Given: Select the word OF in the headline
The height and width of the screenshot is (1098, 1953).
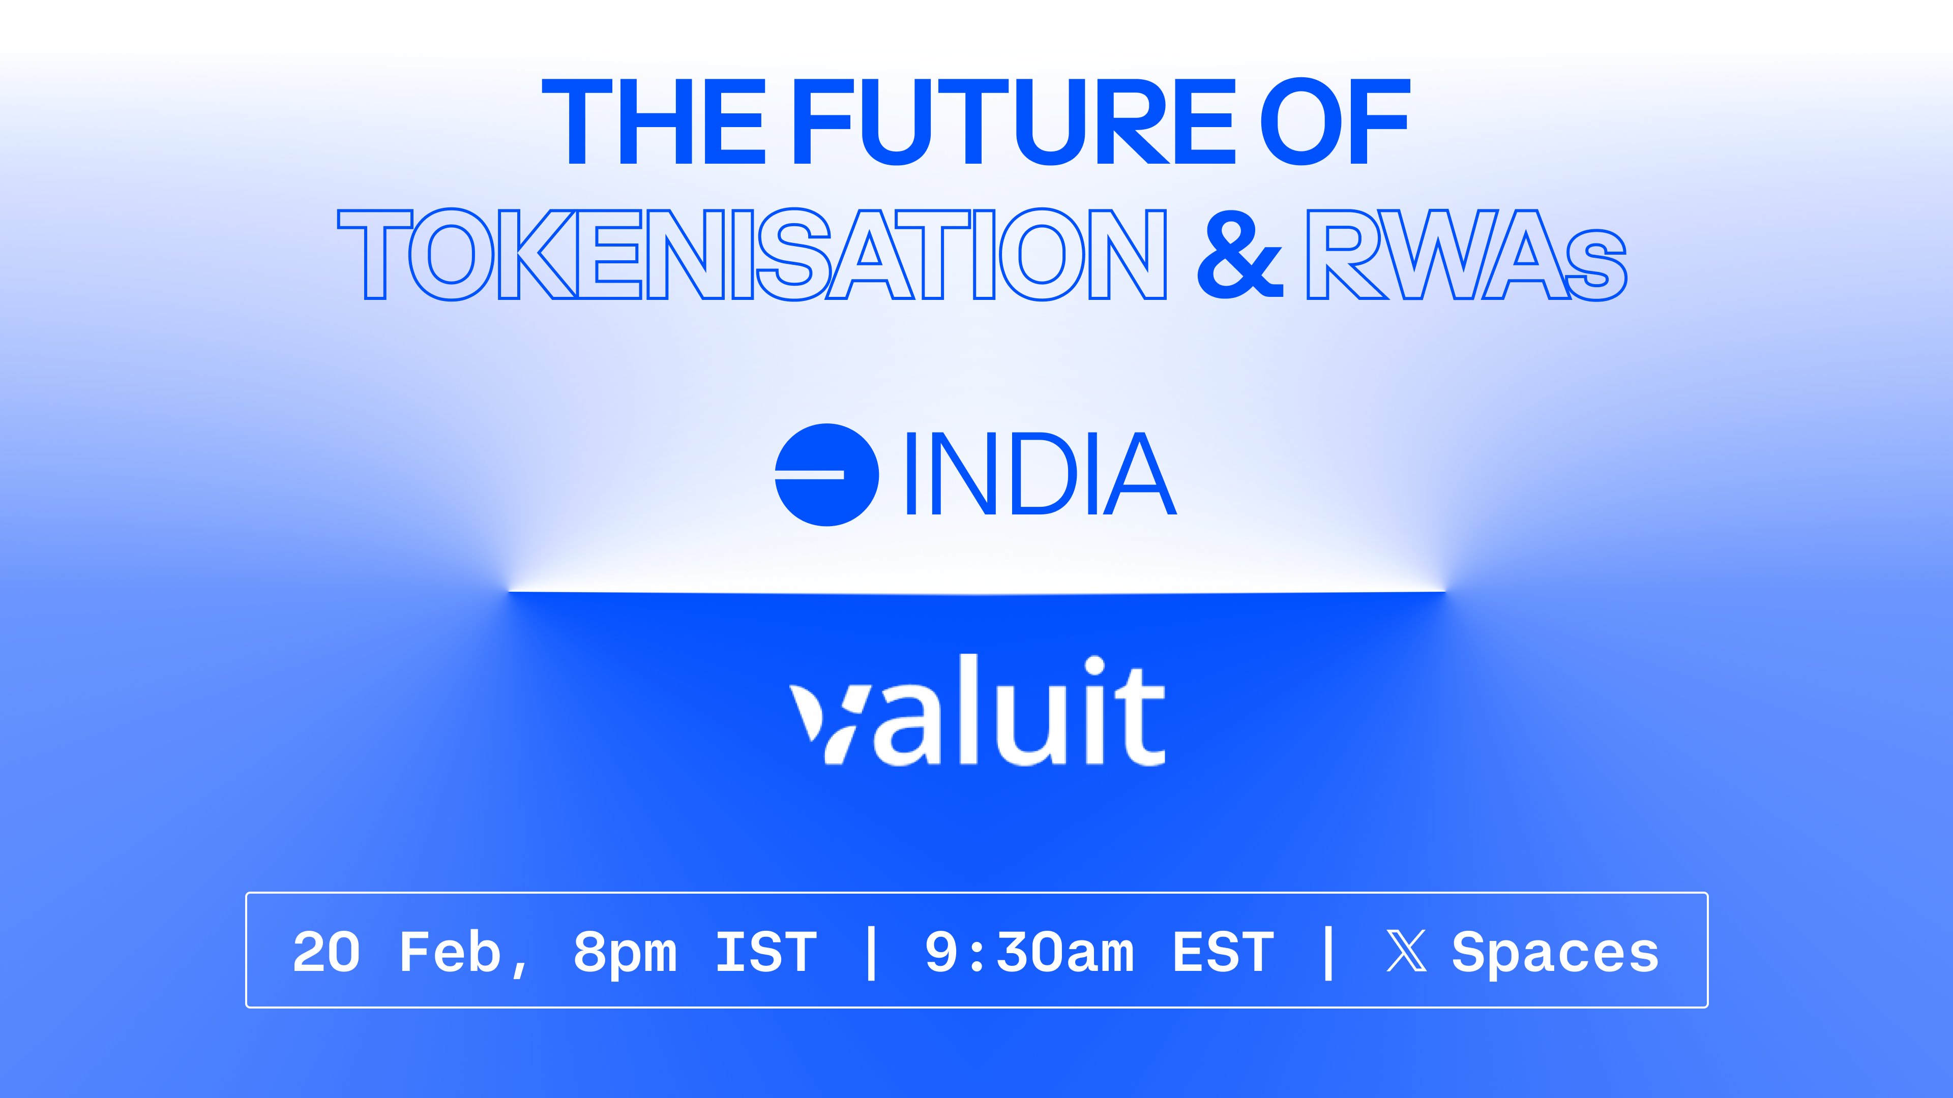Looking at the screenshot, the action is click(1335, 122).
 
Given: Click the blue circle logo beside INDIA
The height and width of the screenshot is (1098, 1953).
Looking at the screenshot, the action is click(826, 474).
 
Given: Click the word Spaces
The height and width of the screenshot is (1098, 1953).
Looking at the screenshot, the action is click(1555, 955).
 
